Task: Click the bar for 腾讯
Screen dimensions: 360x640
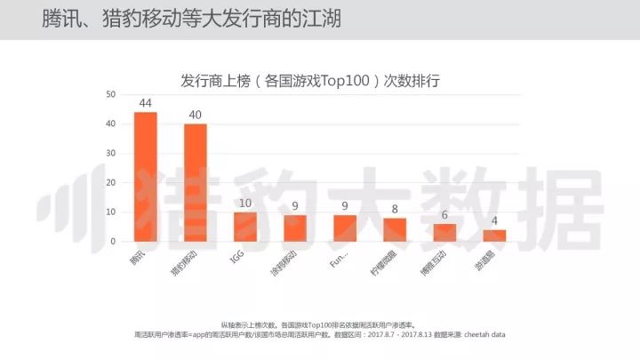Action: (x=145, y=177)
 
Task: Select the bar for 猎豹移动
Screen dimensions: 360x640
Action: (x=195, y=182)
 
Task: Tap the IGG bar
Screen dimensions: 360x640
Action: (x=245, y=227)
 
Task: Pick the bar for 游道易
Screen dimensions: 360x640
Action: (x=495, y=236)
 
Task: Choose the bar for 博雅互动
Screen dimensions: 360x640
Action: (x=444, y=233)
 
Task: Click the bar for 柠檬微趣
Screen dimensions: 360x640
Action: (x=395, y=229)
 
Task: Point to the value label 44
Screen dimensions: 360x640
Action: (x=145, y=103)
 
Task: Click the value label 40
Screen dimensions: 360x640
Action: (x=195, y=116)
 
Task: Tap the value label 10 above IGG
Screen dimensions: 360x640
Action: (x=245, y=204)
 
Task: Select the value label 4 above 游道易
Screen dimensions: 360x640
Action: (x=495, y=221)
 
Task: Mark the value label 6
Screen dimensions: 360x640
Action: (x=444, y=215)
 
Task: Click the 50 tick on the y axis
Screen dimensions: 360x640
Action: (x=111, y=94)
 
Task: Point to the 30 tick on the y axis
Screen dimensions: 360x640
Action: (x=111, y=153)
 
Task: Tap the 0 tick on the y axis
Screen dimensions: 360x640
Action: (x=114, y=241)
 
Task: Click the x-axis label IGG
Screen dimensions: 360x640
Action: (x=237, y=257)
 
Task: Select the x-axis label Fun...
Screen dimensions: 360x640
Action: (x=338, y=262)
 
